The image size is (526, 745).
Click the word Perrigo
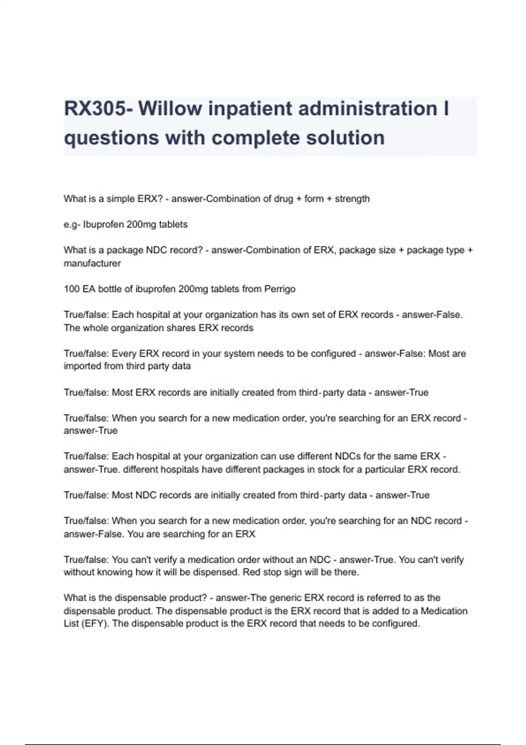coord(280,289)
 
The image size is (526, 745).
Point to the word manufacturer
coord(92,263)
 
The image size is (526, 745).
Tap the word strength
coord(352,199)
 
